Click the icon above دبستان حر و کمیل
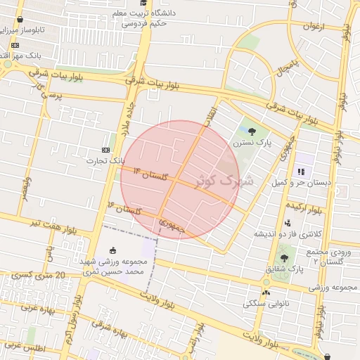pyautogui.click(x=301, y=171)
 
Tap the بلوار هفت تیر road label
pyautogui.click(x=35, y=223)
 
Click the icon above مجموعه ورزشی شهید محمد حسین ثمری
pyautogui.click(x=113, y=250)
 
